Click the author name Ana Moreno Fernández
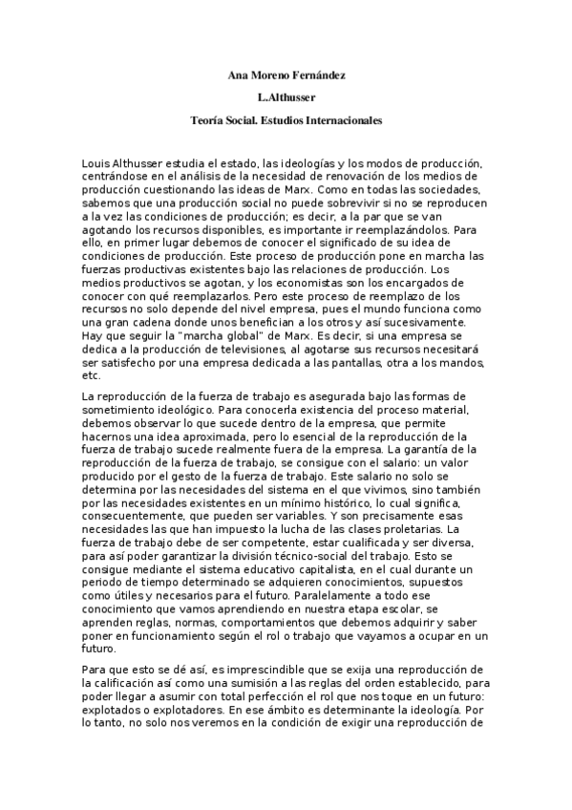[x=286, y=74]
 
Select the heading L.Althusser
[x=286, y=97]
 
